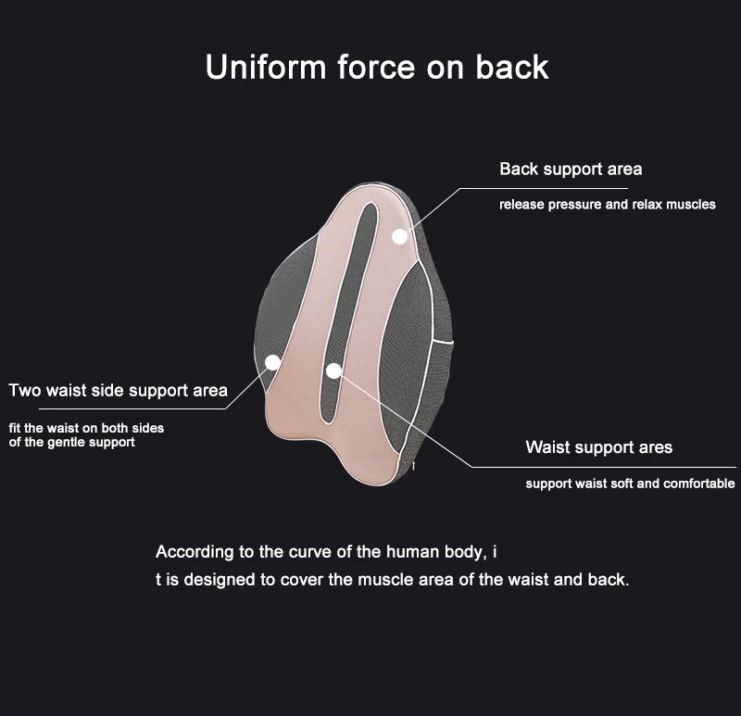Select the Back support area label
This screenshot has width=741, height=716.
coord(571,169)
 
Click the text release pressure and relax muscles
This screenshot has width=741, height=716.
coord(607,204)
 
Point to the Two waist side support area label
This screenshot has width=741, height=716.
coord(118,390)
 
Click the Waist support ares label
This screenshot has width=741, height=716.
coord(598,447)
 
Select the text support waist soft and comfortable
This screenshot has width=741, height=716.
coord(630,484)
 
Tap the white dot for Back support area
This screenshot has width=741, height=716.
coord(399,236)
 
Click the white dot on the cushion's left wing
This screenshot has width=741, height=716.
coord(272,363)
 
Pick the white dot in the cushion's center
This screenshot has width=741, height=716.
coord(333,371)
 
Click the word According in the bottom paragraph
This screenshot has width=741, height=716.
coord(194,552)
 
